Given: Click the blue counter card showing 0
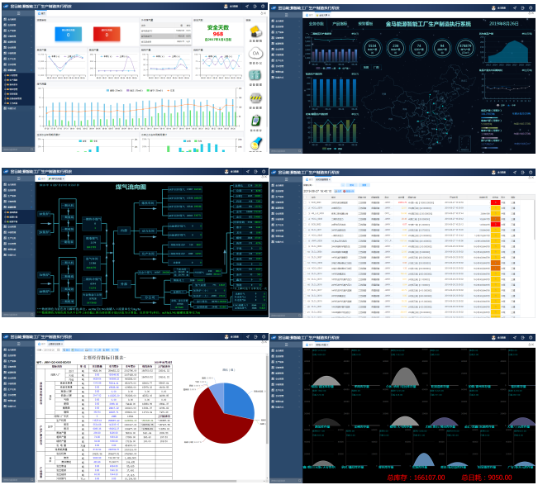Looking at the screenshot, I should tap(69, 34).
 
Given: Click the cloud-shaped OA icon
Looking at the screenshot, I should tap(255, 55).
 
